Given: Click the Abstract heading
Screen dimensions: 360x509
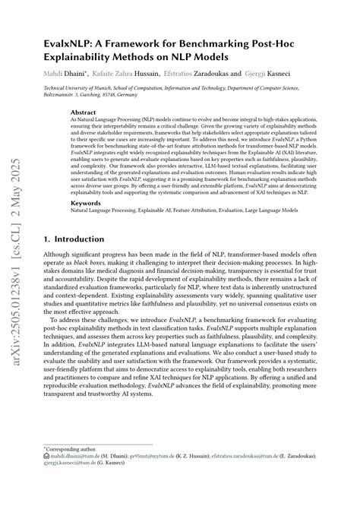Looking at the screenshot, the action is point(84,112).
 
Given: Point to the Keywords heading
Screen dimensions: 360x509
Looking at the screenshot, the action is point(86,225).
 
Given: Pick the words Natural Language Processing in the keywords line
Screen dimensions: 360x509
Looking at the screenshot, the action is point(99,234).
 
